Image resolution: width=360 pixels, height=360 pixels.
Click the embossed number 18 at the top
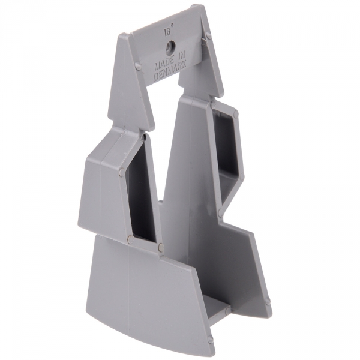pyautogui.click(x=167, y=32)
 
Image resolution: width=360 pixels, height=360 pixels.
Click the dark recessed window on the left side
pyautogui.click(x=141, y=189)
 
